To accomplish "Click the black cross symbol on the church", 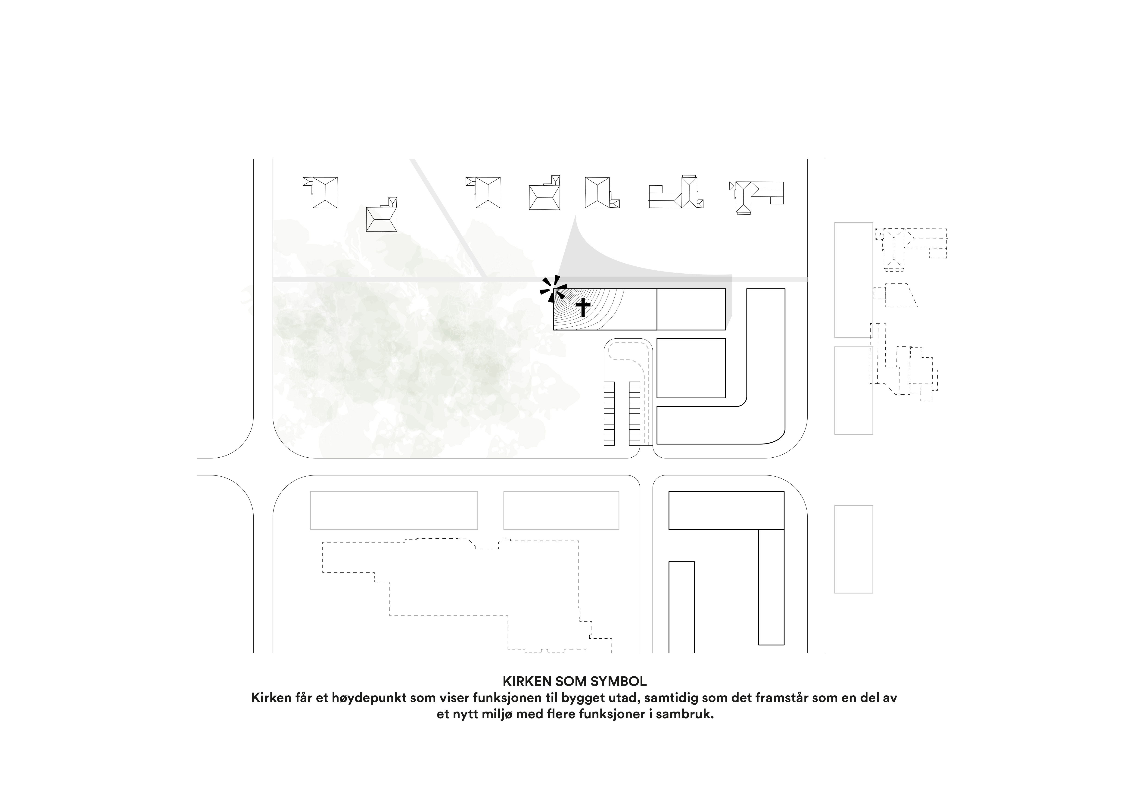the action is pyautogui.click(x=582, y=307).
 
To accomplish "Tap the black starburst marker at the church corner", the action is pyautogui.click(x=553, y=289).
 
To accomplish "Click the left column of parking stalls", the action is pyautogui.click(x=609, y=413).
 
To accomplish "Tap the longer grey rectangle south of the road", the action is pyautogui.click(x=394, y=510).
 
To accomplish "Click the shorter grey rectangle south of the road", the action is pyautogui.click(x=561, y=510).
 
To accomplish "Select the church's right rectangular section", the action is pyautogui.click(x=691, y=309).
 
